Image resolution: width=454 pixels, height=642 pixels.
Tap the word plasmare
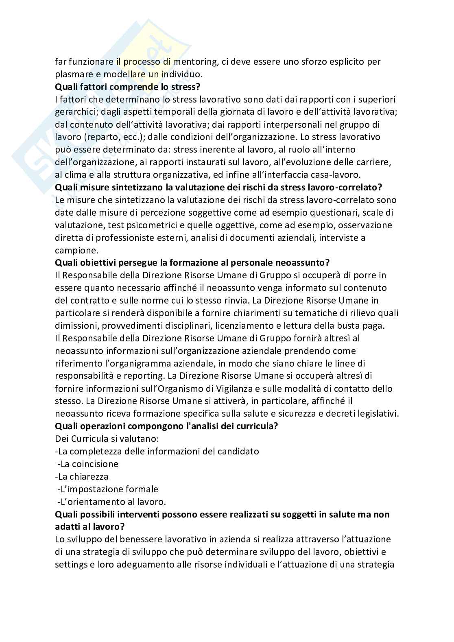tap(72, 74)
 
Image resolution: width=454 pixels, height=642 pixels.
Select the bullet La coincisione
tap(87, 464)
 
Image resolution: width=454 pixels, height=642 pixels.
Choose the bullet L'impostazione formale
tap(107, 489)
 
